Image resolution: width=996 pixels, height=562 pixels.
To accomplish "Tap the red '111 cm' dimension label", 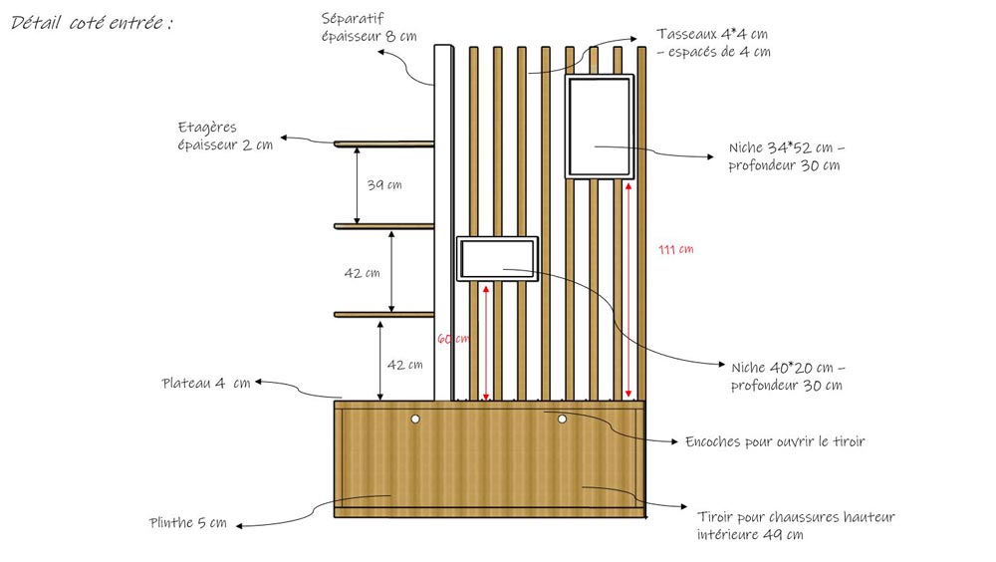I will click(x=676, y=249).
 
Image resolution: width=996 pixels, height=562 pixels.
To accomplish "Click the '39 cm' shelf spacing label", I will click(x=385, y=185).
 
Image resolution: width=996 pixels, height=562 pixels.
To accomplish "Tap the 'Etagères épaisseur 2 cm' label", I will click(x=224, y=137).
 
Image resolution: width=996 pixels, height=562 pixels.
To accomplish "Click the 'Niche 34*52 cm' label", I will click(x=786, y=156).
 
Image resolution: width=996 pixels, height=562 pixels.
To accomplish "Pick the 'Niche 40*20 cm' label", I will click(x=788, y=376).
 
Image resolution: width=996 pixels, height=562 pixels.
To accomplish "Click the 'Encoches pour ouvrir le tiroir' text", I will click(x=775, y=440).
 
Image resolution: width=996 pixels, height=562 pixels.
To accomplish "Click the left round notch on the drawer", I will click(x=416, y=420).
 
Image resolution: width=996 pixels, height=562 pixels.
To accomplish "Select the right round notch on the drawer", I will click(x=562, y=420).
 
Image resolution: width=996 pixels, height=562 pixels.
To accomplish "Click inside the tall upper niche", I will click(x=599, y=126).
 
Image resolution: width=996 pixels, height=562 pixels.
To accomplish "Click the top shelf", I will click(x=383, y=144).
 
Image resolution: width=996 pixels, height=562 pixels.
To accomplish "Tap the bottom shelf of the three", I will click(x=383, y=316).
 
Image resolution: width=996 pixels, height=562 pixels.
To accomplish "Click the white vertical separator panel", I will click(x=443, y=219).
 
